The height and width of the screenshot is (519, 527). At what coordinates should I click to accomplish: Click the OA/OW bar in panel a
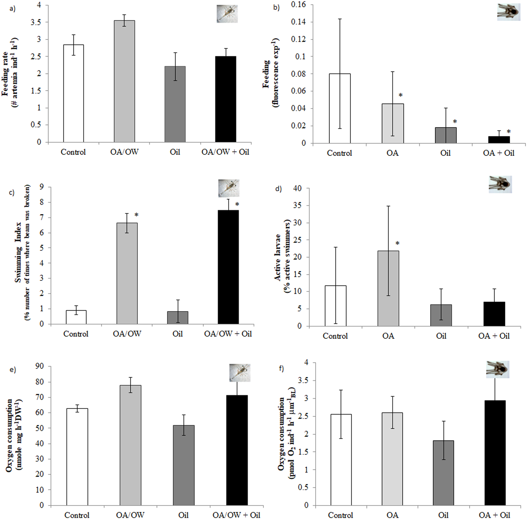click(124, 81)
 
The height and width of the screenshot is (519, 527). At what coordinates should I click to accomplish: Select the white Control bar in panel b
click(340, 109)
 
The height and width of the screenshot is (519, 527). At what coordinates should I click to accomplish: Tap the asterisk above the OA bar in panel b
click(401, 95)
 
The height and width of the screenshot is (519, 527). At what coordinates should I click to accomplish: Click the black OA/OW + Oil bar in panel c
click(228, 267)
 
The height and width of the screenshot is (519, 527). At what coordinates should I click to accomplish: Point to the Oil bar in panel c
click(178, 317)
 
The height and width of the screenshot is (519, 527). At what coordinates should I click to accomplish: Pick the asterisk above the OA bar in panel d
click(397, 244)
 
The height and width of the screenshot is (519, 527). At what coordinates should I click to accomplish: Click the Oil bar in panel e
click(184, 465)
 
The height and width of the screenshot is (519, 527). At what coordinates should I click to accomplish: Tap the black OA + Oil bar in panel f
click(495, 453)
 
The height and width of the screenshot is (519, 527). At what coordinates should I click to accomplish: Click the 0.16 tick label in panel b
click(298, 5)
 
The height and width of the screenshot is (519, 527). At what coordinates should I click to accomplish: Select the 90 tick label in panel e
click(40, 367)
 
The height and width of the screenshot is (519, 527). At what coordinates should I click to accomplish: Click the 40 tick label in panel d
click(297, 188)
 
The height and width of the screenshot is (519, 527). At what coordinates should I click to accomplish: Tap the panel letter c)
click(12, 193)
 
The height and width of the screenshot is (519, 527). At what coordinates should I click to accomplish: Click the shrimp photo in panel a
click(227, 14)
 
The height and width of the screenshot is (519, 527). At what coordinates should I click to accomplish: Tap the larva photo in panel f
click(498, 370)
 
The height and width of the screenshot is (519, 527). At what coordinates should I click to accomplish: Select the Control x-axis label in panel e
click(77, 515)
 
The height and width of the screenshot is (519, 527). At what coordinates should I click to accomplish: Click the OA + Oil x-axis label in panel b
click(499, 153)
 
